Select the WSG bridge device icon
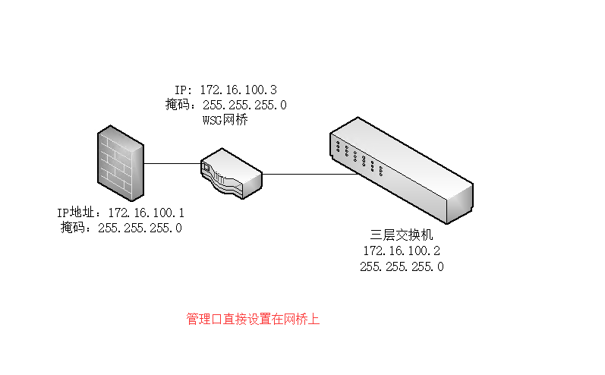(231, 174)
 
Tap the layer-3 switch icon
(400, 175)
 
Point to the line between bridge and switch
(304, 174)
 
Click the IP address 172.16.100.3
(238, 90)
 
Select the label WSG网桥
(225, 120)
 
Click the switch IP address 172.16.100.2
(402, 251)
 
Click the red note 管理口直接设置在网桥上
(254, 320)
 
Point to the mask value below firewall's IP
(140, 228)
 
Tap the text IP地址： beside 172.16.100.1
(82, 213)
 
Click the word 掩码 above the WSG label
(179, 105)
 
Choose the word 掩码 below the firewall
(74, 228)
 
